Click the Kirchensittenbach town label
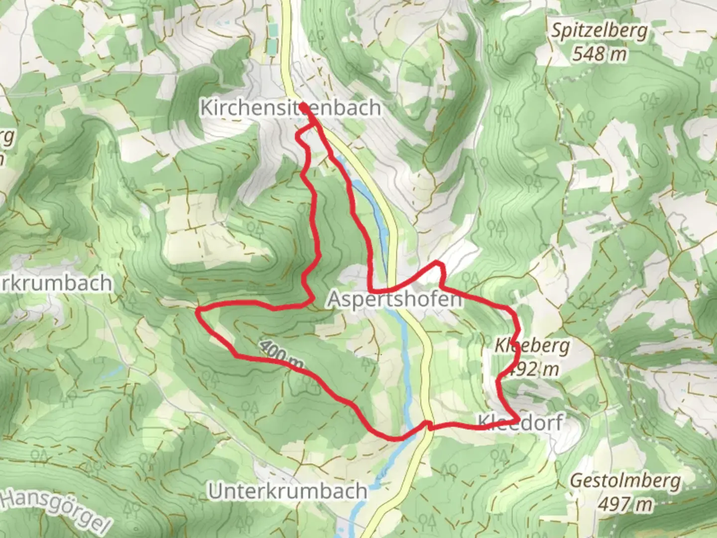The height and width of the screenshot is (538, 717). [290, 108]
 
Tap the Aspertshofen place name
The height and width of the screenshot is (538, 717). [394, 299]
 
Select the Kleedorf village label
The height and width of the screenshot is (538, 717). [520, 422]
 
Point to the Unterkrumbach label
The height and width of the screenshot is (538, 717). [287, 491]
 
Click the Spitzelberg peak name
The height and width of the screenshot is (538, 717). [599, 31]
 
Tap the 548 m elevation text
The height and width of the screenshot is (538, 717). [599, 53]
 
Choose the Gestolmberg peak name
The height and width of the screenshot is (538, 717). [625, 481]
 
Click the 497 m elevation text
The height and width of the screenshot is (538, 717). [625, 504]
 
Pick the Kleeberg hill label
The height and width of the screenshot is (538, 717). [532, 345]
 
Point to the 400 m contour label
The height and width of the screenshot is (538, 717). [281, 355]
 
